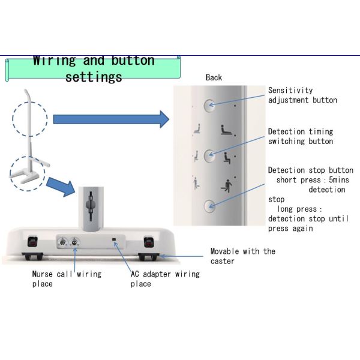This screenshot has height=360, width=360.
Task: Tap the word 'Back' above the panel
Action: pyautogui.click(x=214, y=77)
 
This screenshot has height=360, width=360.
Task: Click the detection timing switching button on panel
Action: pyautogui.click(x=209, y=155)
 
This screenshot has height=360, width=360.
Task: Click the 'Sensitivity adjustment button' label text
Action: pyautogui.click(x=302, y=95)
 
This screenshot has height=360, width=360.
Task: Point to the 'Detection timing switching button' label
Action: pyautogui.click(x=300, y=136)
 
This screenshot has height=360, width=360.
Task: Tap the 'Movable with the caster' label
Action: pyautogui.click(x=242, y=256)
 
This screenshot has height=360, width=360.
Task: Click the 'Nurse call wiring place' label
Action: pyautogui.click(x=66, y=278)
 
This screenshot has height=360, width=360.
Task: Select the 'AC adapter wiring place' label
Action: pyautogui.click(x=165, y=278)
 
